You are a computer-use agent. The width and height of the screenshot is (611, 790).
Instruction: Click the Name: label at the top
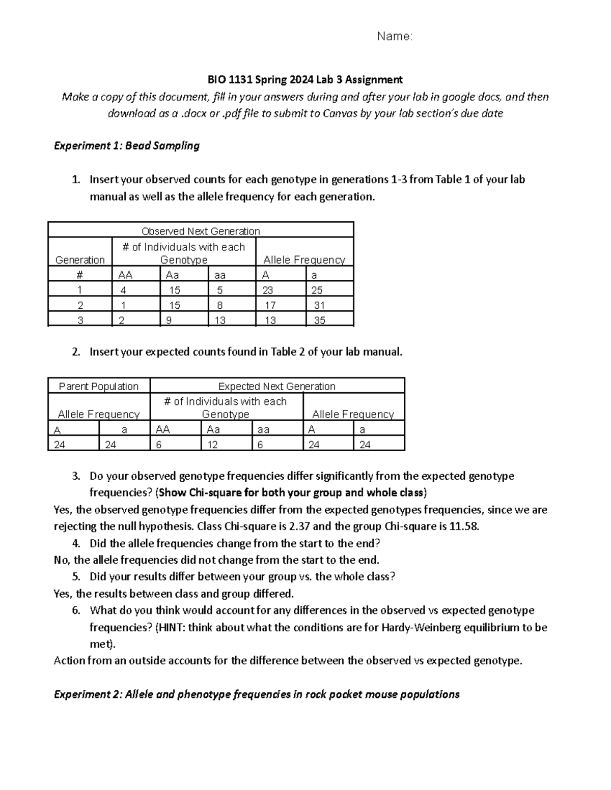pyautogui.click(x=394, y=36)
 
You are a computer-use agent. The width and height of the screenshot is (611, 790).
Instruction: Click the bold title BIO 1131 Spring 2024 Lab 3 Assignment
pyautogui.click(x=304, y=79)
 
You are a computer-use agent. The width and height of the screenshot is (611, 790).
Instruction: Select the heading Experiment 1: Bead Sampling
pyautogui.click(x=127, y=146)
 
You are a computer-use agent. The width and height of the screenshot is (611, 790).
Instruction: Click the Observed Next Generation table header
pyautogui.click(x=201, y=231)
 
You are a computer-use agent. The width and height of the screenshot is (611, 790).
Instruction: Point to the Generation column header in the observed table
pyautogui.click(x=80, y=259)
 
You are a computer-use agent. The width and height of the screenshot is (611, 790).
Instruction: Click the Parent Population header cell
pyautogui.click(x=99, y=386)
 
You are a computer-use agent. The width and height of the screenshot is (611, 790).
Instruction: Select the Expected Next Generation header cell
pyautogui.click(x=276, y=386)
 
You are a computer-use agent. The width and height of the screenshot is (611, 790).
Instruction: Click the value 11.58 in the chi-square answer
pyautogui.click(x=464, y=526)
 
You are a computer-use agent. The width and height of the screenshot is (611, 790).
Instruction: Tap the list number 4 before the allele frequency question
pyautogui.click(x=76, y=543)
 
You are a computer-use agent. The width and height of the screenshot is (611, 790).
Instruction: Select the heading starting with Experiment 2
pyautogui.click(x=257, y=694)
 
